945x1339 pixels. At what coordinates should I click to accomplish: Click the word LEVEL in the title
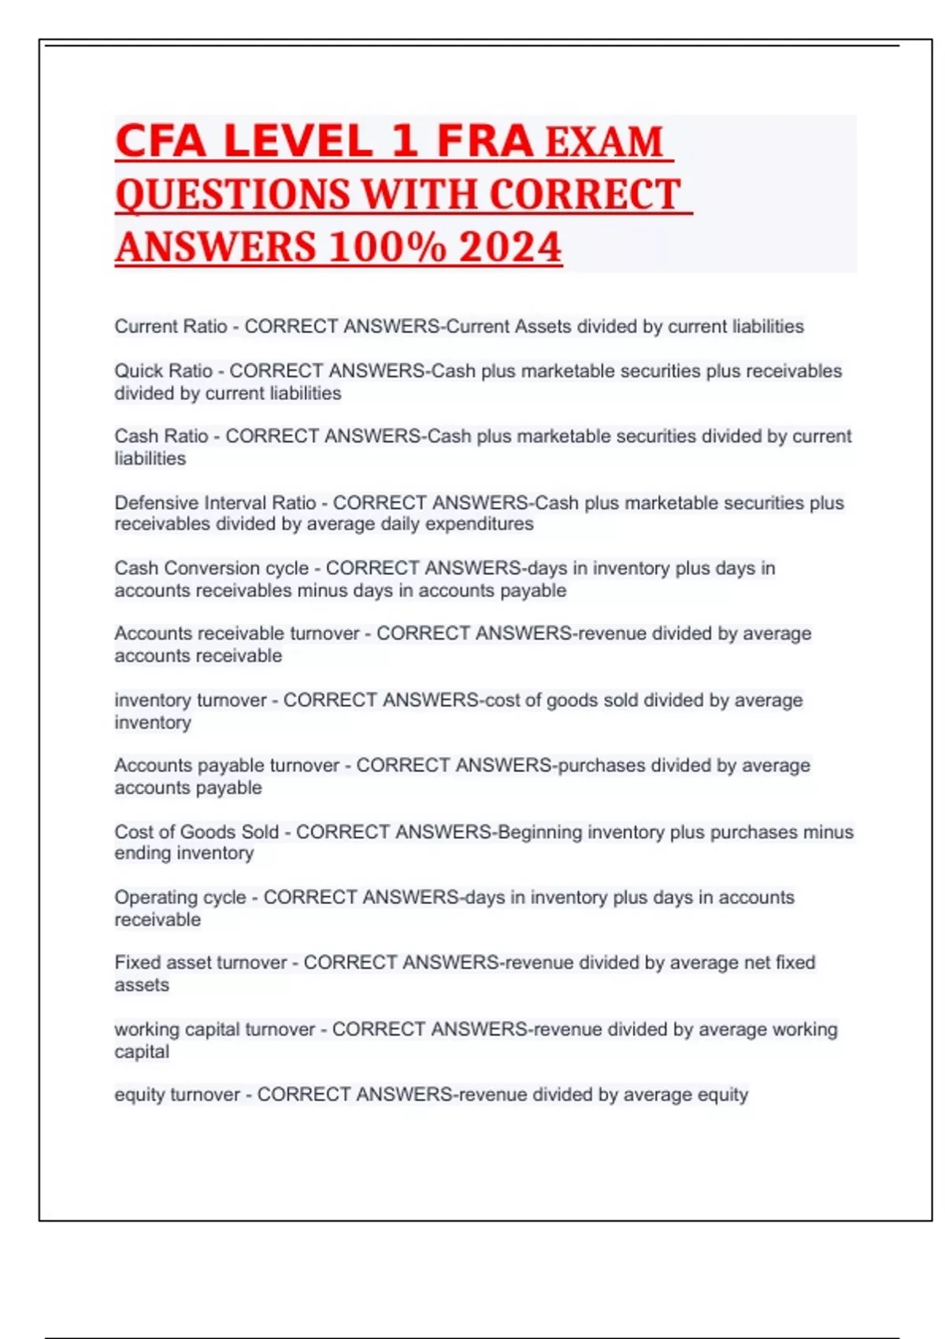tap(298, 141)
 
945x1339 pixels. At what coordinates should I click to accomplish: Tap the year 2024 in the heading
tap(510, 247)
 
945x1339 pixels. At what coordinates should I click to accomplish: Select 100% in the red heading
tap(387, 247)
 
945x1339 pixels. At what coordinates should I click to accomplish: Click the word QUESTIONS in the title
tap(232, 195)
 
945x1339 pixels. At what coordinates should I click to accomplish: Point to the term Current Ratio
tap(171, 326)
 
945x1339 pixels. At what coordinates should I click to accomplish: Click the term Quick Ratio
tap(164, 371)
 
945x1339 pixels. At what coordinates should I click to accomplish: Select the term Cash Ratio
tap(161, 436)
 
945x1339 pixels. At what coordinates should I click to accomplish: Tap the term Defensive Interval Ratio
tap(215, 503)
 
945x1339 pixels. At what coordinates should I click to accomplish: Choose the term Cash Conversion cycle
tap(211, 568)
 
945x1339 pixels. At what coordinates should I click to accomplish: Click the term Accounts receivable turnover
tap(236, 633)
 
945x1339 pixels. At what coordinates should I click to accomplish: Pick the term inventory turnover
tap(191, 700)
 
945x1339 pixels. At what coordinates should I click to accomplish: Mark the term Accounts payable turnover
tap(227, 766)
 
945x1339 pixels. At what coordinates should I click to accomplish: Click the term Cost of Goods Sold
tap(197, 832)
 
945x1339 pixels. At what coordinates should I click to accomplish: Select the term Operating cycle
tap(180, 897)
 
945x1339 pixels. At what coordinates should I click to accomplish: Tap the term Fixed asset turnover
tap(201, 963)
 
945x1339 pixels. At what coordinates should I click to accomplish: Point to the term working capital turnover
tap(214, 1029)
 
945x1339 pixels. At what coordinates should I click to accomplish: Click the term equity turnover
tap(177, 1095)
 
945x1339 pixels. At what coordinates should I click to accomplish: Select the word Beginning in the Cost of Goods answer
tap(540, 832)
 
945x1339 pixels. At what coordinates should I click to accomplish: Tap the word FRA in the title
tap(485, 141)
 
